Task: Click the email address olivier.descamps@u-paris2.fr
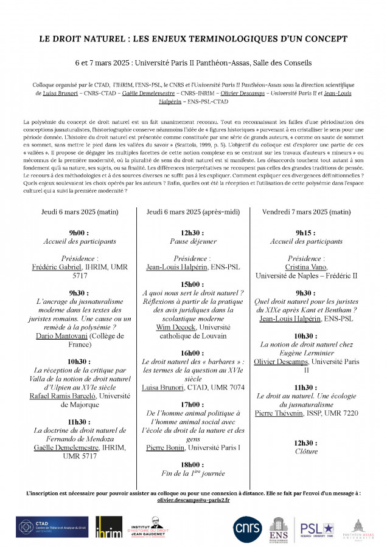[x=193, y=500]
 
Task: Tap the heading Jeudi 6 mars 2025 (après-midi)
[x=193, y=212]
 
